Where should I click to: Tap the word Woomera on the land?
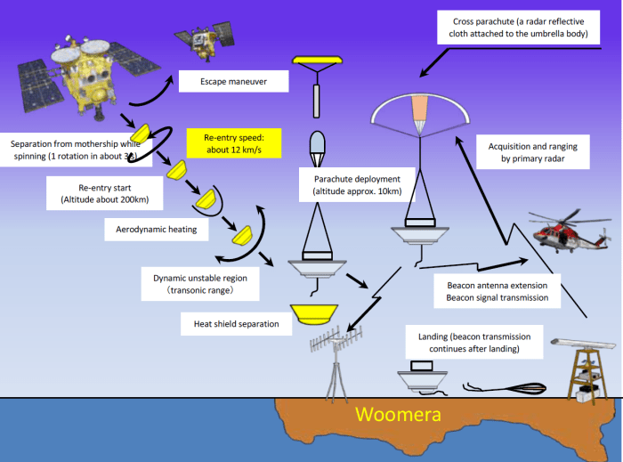(x=397, y=415)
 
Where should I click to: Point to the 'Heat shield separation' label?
(x=236, y=324)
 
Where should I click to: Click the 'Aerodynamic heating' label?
(x=155, y=230)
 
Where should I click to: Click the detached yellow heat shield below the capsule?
(x=312, y=313)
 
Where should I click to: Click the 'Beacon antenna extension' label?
(x=497, y=291)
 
